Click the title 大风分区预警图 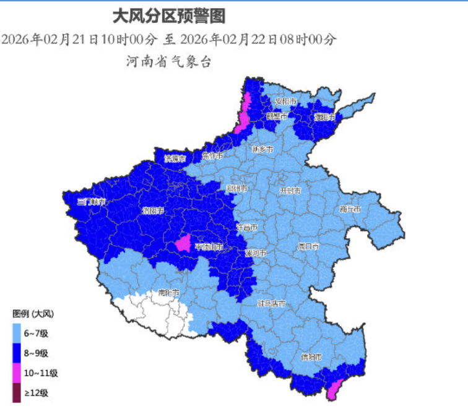[x=168, y=15]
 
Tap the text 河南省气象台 [x=168, y=61]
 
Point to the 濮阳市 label [x=324, y=117]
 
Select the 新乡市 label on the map [x=263, y=149]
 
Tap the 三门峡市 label [x=92, y=202]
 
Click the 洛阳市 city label [x=152, y=211]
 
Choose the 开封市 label [x=290, y=191]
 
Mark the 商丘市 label [x=350, y=209]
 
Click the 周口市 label [x=308, y=246]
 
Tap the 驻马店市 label [x=271, y=303]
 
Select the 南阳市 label [x=168, y=291]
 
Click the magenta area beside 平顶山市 [x=182, y=243]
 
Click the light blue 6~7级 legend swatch [x=18, y=334]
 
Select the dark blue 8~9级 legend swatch [x=18, y=353]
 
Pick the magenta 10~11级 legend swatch [x=18, y=373]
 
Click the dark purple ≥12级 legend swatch [x=18, y=392]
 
